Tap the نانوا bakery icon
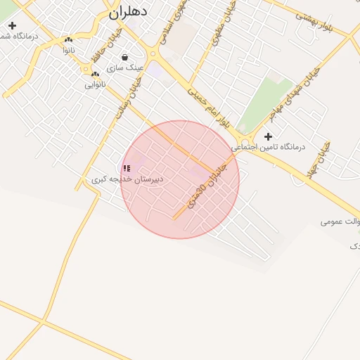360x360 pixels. tap(68, 40)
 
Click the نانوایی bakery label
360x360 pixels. tap(95, 84)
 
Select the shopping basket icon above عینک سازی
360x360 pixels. tap(125, 58)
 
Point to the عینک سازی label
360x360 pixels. tap(125, 68)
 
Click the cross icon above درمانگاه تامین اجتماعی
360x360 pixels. tap(267, 136)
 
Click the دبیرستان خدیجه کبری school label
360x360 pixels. tap(127, 179)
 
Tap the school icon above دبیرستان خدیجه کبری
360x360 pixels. tap(127, 169)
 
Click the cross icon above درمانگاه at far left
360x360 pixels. tap(11, 25)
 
